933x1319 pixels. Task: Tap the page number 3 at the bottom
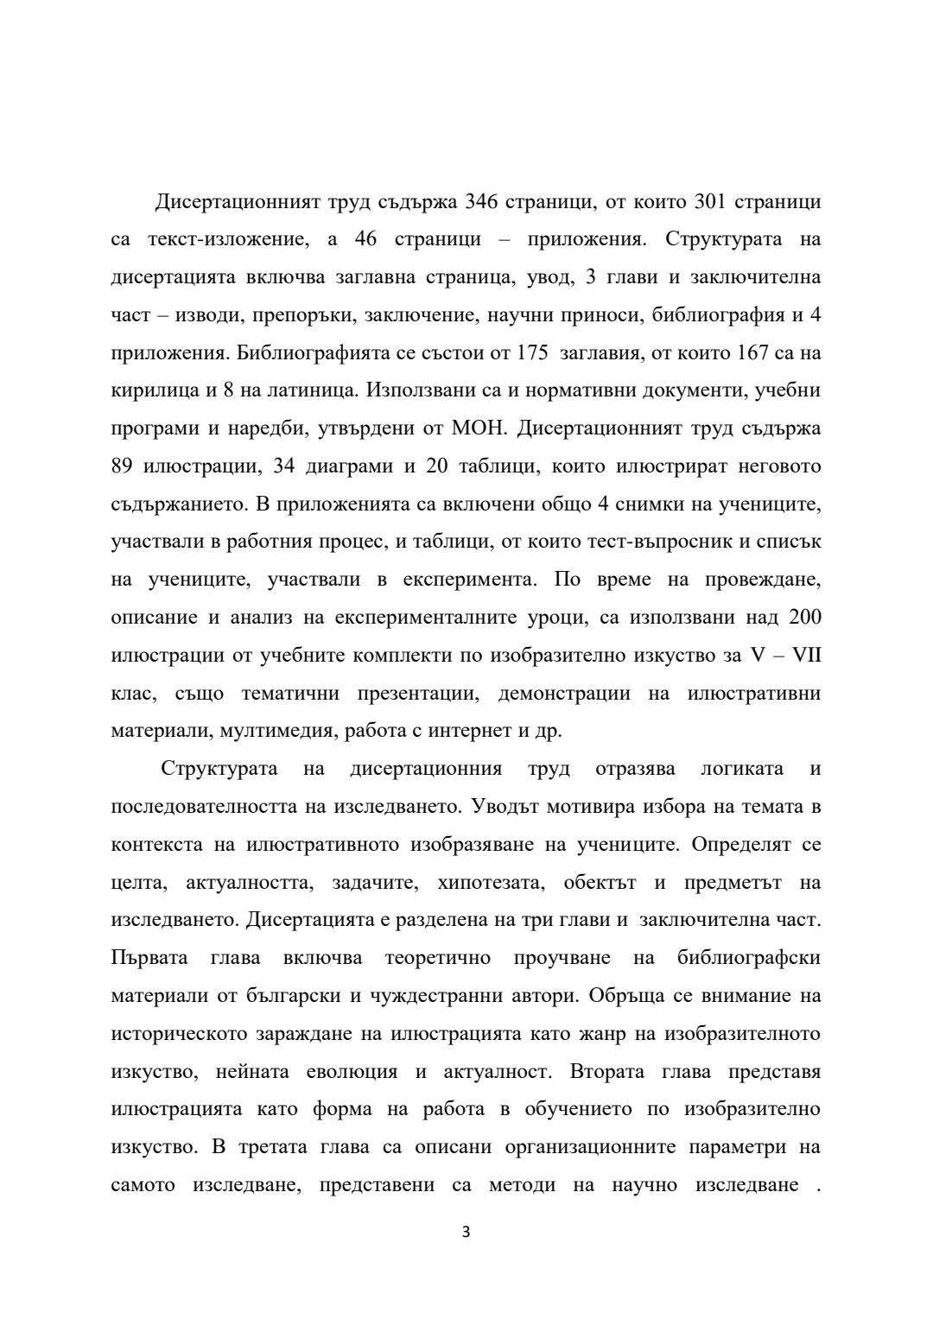point(466,1233)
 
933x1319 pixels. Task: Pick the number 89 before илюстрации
point(123,466)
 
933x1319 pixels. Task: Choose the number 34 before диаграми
point(284,466)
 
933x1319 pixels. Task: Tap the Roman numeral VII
point(807,656)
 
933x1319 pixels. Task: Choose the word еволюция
point(352,1072)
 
